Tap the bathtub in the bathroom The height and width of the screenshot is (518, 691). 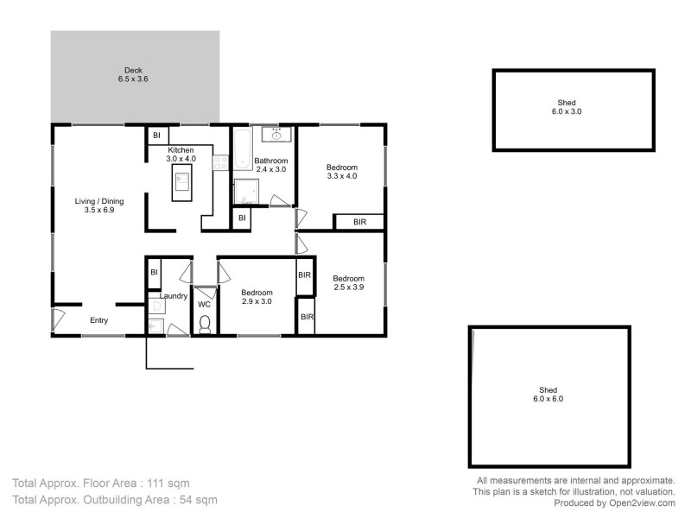(x=240, y=148)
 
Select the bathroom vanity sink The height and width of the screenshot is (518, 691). (x=277, y=135)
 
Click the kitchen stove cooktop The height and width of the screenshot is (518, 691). (x=219, y=161)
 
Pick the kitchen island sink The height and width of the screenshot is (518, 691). (x=182, y=180)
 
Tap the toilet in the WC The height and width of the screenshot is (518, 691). (x=205, y=323)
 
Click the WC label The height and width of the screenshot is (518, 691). (x=204, y=305)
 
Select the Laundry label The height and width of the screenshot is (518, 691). (x=174, y=296)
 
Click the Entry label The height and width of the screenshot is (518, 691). (x=99, y=320)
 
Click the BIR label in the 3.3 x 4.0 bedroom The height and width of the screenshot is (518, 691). (x=359, y=222)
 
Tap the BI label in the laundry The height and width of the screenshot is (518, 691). (x=154, y=272)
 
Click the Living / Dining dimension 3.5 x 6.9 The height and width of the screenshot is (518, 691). (x=99, y=210)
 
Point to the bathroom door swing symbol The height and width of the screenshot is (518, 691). (x=279, y=200)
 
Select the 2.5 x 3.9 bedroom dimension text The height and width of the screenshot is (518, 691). (x=349, y=287)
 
